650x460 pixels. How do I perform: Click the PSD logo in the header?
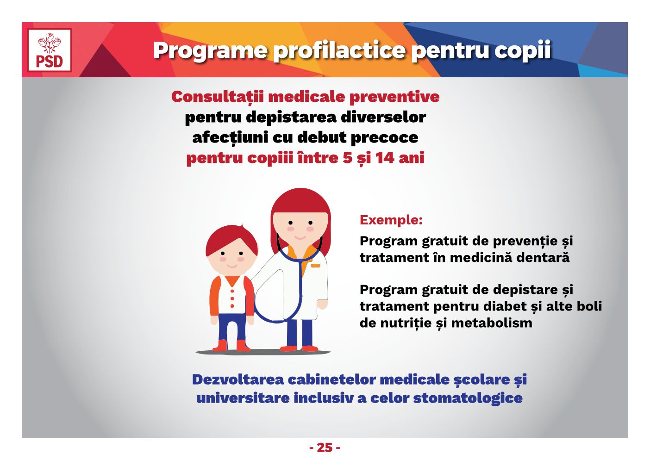[x=50, y=50]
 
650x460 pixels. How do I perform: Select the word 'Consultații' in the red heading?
[x=218, y=97]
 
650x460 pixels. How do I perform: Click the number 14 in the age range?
[x=385, y=158]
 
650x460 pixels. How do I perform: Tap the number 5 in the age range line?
[x=347, y=158]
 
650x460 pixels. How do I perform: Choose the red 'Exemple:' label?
[x=391, y=220]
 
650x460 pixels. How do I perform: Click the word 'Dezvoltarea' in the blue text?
[x=238, y=379]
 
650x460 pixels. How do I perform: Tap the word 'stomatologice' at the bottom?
[x=468, y=398]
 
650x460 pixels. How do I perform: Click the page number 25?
[x=325, y=448]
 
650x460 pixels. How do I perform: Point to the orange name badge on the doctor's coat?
[x=315, y=266]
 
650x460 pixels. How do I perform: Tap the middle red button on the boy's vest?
[x=232, y=298]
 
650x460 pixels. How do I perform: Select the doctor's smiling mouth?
[x=300, y=238]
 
